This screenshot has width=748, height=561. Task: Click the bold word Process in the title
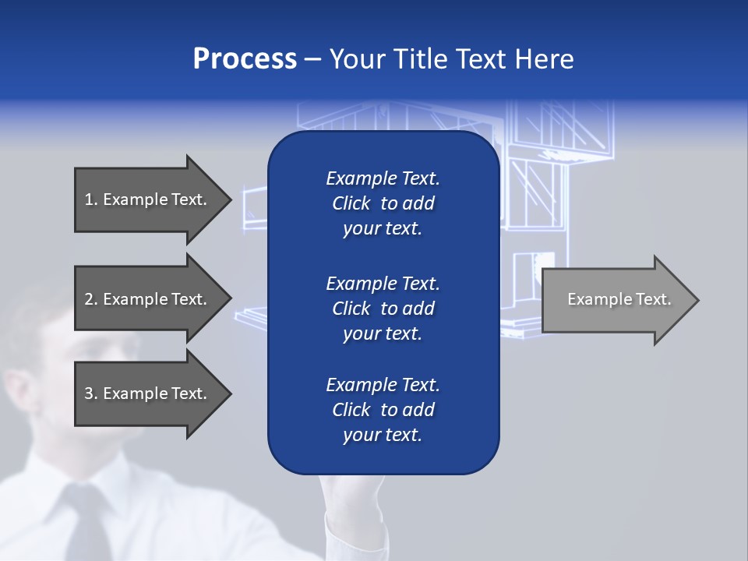[245, 59]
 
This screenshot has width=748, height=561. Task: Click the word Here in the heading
[543, 59]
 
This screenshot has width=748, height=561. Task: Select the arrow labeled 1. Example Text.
[148, 199]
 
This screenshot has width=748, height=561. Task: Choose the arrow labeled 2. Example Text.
[148, 299]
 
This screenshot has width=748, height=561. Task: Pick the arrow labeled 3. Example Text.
[148, 393]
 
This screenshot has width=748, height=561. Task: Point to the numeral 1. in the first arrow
[91, 199]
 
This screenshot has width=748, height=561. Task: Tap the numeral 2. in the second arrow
[91, 299]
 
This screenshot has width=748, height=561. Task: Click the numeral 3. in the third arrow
[91, 393]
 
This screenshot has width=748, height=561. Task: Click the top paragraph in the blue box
[383, 203]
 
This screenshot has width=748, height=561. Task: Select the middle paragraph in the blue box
[383, 309]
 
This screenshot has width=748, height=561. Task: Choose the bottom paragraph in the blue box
[383, 410]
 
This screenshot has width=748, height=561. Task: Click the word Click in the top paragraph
[351, 203]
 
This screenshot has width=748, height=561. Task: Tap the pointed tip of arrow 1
[229, 199]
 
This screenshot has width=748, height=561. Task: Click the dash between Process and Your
[313, 60]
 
